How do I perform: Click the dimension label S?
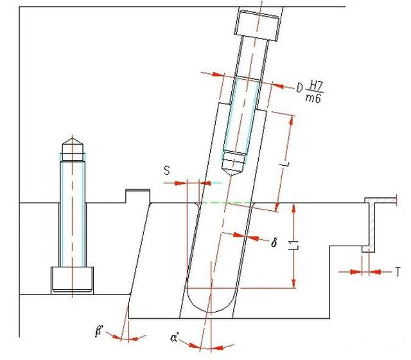click(x=167, y=171)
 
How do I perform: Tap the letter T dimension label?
click(x=398, y=272)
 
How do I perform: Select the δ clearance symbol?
click(x=274, y=243)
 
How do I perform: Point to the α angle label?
click(x=174, y=337)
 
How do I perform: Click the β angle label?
click(x=99, y=331)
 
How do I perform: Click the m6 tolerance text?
click(x=313, y=98)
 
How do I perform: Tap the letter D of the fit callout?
click(x=300, y=88)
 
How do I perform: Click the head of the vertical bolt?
click(x=72, y=280)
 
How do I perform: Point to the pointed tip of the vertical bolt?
click(x=73, y=138)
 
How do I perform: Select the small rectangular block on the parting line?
click(x=138, y=196)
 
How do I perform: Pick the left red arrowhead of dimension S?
click(x=180, y=183)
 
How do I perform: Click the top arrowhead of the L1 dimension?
click(x=294, y=208)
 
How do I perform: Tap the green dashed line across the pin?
click(x=226, y=203)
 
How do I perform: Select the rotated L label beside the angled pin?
click(x=284, y=165)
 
